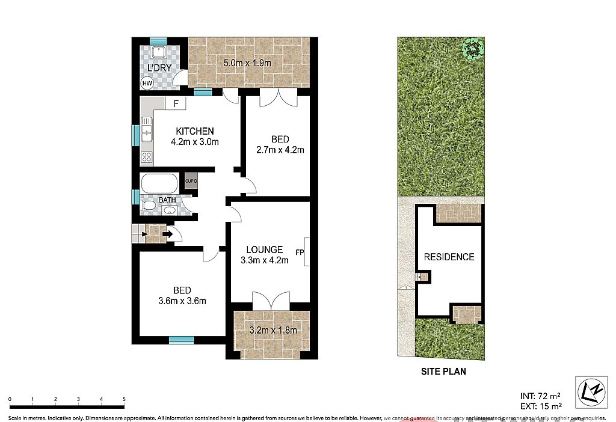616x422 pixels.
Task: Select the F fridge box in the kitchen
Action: click(x=176, y=103)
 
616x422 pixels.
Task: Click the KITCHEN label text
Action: click(x=194, y=131)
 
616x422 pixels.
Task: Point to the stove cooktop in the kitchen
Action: click(x=147, y=157)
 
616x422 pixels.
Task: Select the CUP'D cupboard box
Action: click(x=191, y=181)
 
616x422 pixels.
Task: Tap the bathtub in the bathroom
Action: click(x=159, y=183)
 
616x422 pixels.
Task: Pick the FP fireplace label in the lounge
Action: click(x=300, y=252)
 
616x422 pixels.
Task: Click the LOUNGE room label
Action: click(x=265, y=249)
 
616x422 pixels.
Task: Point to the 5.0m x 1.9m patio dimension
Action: click(x=248, y=63)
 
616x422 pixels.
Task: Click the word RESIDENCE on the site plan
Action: click(x=449, y=257)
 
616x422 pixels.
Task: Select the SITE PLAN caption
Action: click(x=443, y=372)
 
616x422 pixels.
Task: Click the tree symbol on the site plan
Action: click(x=473, y=47)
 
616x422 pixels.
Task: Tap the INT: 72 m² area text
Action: click(x=540, y=396)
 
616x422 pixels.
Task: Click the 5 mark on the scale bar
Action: click(x=124, y=399)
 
